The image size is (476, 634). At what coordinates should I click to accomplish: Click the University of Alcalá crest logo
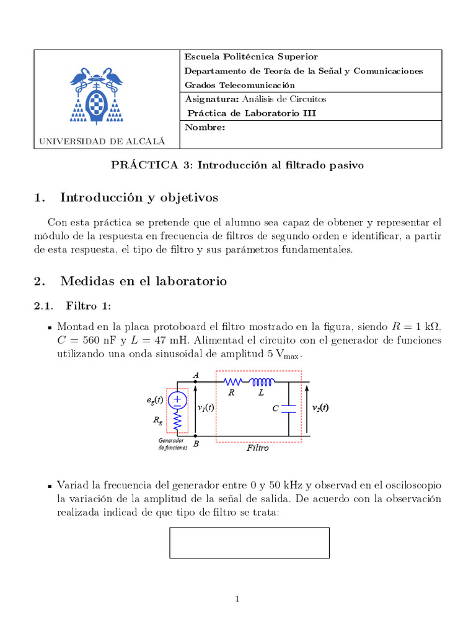coord(97,93)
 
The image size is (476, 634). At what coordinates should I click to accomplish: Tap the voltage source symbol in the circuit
coord(177,400)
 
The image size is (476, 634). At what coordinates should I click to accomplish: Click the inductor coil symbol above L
coord(262,382)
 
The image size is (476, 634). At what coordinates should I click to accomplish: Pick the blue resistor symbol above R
coord(232,382)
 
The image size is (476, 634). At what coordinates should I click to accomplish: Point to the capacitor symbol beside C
coord(289,409)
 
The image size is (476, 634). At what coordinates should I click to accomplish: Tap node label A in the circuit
coord(196,375)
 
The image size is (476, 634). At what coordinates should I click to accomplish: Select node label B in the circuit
coord(196,444)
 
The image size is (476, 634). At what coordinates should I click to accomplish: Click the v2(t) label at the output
coord(320,407)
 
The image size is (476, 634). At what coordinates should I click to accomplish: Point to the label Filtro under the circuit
coord(257,448)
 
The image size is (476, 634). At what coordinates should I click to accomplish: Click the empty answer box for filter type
coord(249,542)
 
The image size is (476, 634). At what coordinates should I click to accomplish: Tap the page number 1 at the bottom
coord(237,598)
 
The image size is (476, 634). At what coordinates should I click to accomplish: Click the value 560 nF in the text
coord(102,341)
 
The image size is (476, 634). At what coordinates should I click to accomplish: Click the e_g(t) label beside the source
coord(154,400)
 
